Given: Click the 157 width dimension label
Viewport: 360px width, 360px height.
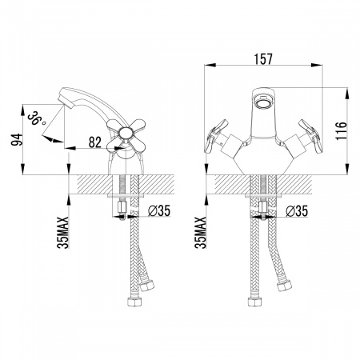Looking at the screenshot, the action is [263, 59].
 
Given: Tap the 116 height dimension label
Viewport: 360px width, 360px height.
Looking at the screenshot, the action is [341, 131].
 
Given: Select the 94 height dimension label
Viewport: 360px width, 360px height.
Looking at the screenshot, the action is [17, 139].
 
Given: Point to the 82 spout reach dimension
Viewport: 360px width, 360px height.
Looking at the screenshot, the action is [95, 142].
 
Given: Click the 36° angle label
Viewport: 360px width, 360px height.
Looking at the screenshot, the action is [37, 118].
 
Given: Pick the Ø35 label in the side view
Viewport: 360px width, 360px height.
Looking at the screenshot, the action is [159, 211].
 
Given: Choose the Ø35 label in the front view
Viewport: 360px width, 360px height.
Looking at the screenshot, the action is [297, 211].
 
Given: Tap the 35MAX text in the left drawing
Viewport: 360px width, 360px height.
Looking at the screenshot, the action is [63, 233].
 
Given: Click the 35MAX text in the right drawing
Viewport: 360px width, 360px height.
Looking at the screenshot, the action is [201, 233].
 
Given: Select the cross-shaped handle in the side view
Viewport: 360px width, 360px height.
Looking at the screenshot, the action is [126, 133].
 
